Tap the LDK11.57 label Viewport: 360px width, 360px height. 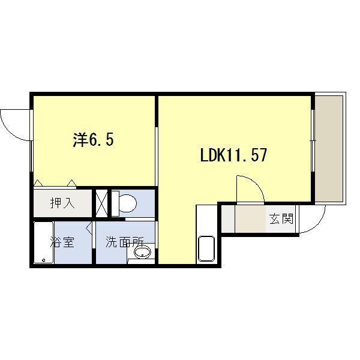[x=233, y=155]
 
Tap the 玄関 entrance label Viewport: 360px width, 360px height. [x=281, y=219]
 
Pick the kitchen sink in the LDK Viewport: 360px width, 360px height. [x=206, y=249]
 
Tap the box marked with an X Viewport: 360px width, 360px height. [x=101, y=203]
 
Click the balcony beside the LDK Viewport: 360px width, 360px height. [x=329, y=149]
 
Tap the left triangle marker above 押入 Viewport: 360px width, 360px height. [x=38, y=182]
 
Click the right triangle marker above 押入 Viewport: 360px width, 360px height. [x=72, y=182]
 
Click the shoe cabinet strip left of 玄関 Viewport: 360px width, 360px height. [x=228, y=219]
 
